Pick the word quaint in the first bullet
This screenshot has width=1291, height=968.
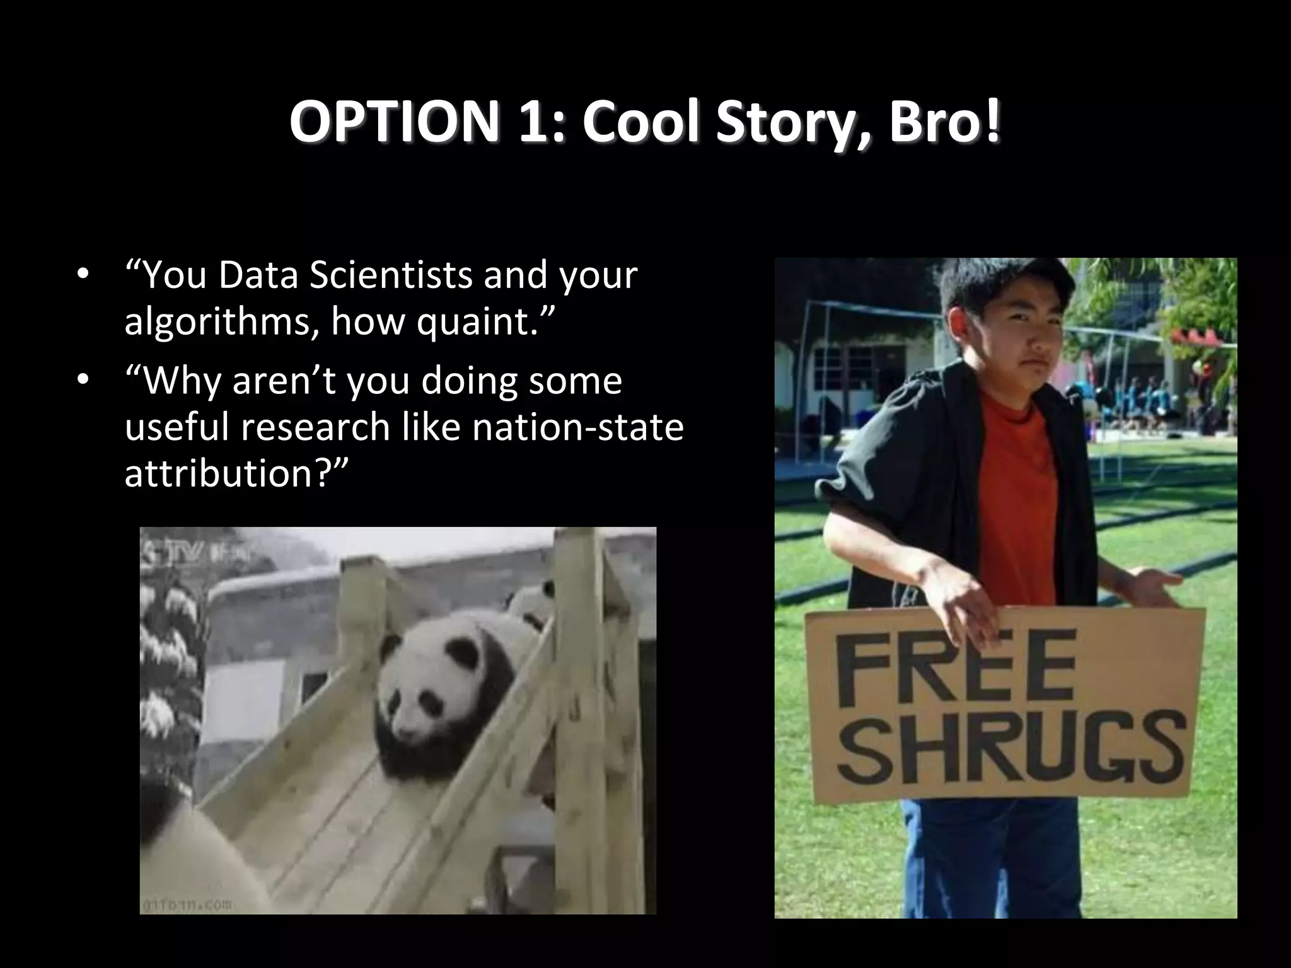(470, 323)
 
